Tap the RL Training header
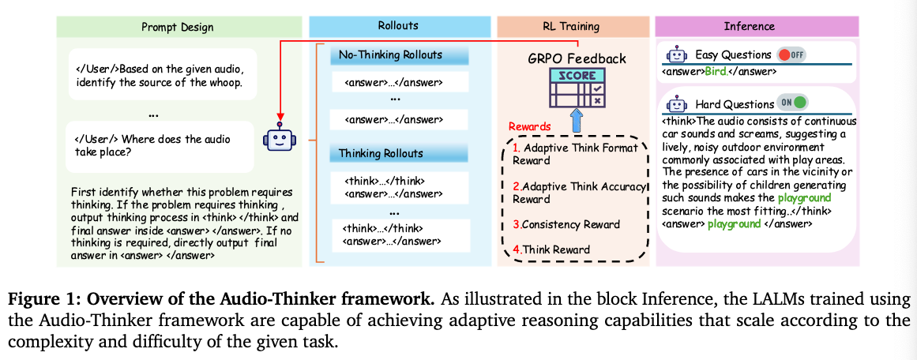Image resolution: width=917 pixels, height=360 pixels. [x=571, y=26]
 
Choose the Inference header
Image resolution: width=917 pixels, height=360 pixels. [x=750, y=26]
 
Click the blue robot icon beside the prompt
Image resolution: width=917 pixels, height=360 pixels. [x=277, y=139]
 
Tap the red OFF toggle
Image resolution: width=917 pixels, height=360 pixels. [x=791, y=55]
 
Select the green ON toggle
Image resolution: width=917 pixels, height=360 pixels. [x=794, y=103]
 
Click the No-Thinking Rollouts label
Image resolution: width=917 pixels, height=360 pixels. [x=390, y=55]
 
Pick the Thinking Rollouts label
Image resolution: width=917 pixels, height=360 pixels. [x=381, y=153]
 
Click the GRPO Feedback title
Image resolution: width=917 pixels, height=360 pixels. [x=577, y=58]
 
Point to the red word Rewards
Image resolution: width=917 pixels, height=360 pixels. [x=530, y=126]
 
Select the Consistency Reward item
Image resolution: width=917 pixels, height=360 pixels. [x=563, y=224]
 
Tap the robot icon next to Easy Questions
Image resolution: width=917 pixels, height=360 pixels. [x=677, y=55]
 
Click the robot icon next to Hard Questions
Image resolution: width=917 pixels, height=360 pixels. [x=677, y=103]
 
